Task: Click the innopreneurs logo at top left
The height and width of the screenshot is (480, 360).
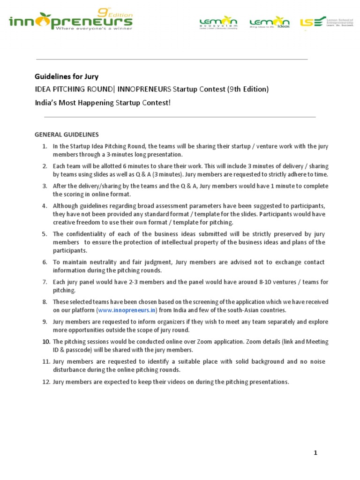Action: click(70, 21)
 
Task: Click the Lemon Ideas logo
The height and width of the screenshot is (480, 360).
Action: click(269, 22)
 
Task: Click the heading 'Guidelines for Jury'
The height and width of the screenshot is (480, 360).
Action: click(67, 76)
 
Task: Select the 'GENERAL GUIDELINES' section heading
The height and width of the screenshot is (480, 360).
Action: click(67, 135)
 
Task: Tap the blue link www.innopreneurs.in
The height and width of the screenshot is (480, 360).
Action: click(127, 310)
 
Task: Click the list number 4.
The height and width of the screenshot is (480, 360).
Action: click(45, 206)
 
